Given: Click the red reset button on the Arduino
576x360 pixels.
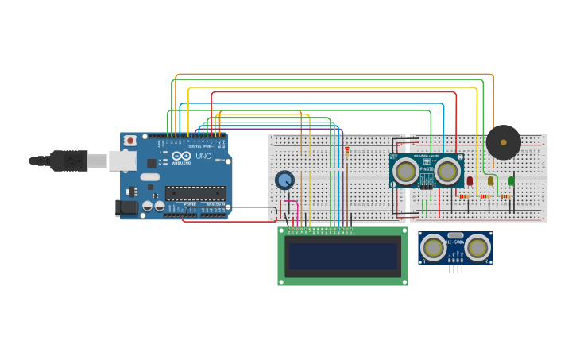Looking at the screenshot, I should pyautogui.click(x=130, y=141).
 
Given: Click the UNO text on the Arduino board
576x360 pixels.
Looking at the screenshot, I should pyautogui.click(x=203, y=157).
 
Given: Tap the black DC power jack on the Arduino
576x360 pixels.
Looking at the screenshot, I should pyautogui.click(x=126, y=208).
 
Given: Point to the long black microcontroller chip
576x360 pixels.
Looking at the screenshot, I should pyautogui.click(x=195, y=193).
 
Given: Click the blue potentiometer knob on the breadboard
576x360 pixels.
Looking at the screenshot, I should pyautogui.click(x=284, y=180).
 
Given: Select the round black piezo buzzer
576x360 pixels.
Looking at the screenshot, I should pyautogui.click(x=503, y=142).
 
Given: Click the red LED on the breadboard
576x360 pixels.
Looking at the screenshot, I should pyautogui.click(x=470, y=180).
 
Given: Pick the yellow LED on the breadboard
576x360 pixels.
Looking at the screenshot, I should pyautogui.click(x=490, y=180).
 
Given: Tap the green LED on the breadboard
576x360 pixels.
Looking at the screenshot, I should pyautogui.click(x=511, y=180).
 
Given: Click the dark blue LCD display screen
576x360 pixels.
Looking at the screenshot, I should pyautogui.click(x=342, y=256).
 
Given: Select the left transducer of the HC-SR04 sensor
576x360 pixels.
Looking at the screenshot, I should pyautogui.click(x=434, y=248).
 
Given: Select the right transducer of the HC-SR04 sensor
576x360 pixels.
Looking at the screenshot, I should pyautogui.click(x=477, y=248).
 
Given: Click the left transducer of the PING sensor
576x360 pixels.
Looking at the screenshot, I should pyautogui.click(x=405, y=171).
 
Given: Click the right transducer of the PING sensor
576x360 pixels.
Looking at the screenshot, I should pyautogui.click(x=447, y=171).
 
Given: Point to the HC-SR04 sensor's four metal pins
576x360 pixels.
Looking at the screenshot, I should pyautogui.click(x=455, y=269).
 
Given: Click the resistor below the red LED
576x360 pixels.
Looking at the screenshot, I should pyautogui.click(x=464, y=196).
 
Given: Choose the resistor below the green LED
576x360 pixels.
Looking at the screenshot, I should pyautogui.click(x=505, y=196).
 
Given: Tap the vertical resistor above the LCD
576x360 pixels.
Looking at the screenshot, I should pyautogui.click(x=346, y=153).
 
